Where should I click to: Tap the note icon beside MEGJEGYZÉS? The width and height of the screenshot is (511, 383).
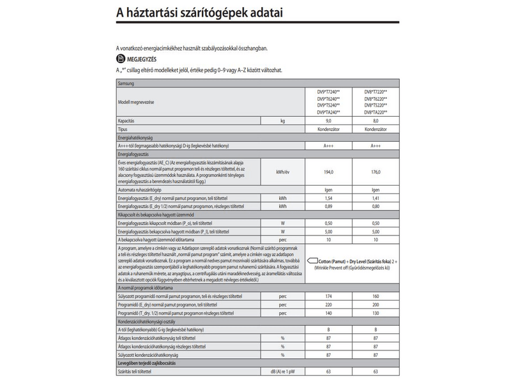[x=120, y=59]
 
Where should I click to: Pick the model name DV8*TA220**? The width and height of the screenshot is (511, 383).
[x=376, y=112]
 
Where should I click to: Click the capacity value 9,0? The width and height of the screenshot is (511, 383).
[x=329, y=121]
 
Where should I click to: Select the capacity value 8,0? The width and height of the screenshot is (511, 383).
[x=376, y=121]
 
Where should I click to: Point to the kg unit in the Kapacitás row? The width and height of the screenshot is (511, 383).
[x=282, y=121]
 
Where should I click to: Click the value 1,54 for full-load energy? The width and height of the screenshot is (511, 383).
[x=329, y=199]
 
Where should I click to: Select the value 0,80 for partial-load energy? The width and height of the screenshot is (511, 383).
[x=376, y=207]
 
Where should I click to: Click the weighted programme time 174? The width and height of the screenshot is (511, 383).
[x=329, y=297]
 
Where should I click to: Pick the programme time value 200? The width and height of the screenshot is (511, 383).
[x=376, y=305]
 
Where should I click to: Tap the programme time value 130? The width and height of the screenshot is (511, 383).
[x=376, y=313]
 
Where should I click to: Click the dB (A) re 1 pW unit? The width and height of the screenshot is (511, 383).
[x=282, y=372]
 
